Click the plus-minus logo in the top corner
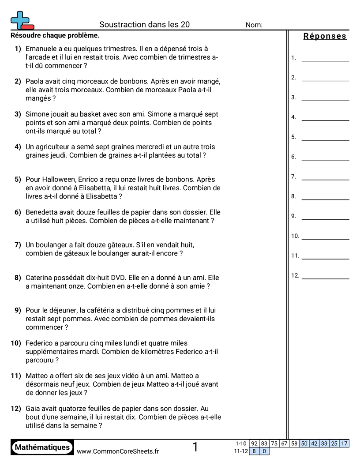pyautogui.click(x=21, y=20)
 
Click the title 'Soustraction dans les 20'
pyautogui.click(x=144, y=25)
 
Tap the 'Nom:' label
pyautogui.click(x=254, y=25)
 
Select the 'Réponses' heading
pyautogui.click(x=325, y=36)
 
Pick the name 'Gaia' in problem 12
pyautogui.click(x=34, y=409)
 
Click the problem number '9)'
pyautogui.click(x=18, y=311)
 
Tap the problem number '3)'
pyautogui.click(x=18, y=114)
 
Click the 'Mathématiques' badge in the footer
pyautogui.click(x=42, y=447)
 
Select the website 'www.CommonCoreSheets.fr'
pyautogui.click(x=118, y=451)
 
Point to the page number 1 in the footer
pyautogui.click(x=195, y=447)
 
